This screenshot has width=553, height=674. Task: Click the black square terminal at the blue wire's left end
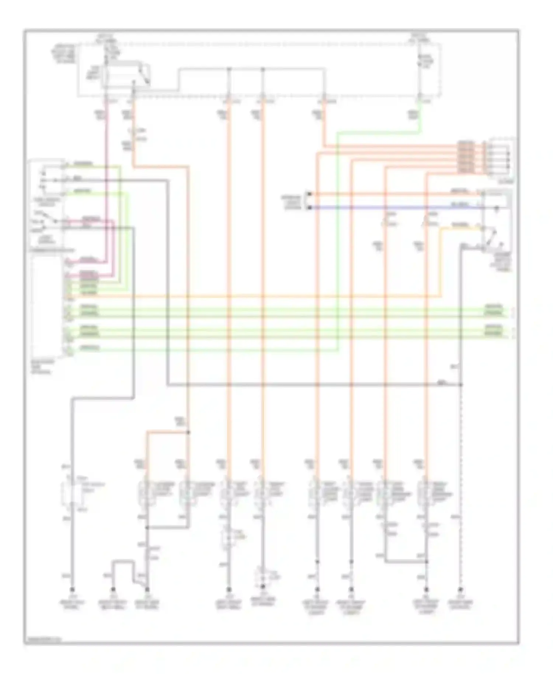point(310,208)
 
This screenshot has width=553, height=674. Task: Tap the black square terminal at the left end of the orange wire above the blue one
point(310,194)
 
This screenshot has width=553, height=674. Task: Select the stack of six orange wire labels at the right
point(466,157)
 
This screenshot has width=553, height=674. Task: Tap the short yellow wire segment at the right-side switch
point(461,229)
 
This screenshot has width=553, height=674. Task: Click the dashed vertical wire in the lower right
point(460,479)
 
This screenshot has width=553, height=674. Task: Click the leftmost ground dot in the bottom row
point(72,589)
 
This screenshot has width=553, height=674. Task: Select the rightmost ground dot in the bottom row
point(460,589)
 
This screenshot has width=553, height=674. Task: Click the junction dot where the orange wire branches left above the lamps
point(188,432)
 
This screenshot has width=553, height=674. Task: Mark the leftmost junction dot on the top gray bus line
point(229,69)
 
